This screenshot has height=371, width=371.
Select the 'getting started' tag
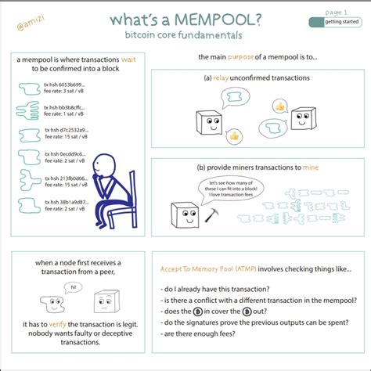coord(338,23)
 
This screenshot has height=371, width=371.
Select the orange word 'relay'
coord(227,78)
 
